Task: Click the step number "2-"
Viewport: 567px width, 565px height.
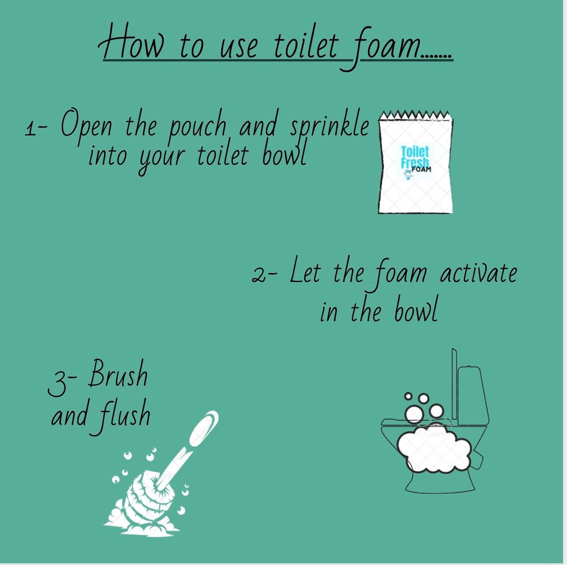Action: pyautogui.click(x=264, y=275)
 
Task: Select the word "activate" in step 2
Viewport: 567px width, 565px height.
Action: pyautogui.click(x=478, y=274)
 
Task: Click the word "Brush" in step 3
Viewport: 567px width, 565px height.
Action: pyautogui.click(x=118, y=375)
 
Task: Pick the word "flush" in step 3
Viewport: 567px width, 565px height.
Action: pyautogui.click(x=126, y=416)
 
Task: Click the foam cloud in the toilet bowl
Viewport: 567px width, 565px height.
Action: pyautogui.click(x=435, y=448)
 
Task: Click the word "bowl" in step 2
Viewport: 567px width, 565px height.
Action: pyautogui.click(x=416, y=312)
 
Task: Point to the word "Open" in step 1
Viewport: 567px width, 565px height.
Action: pyautogui.click(x=85, y=127)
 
